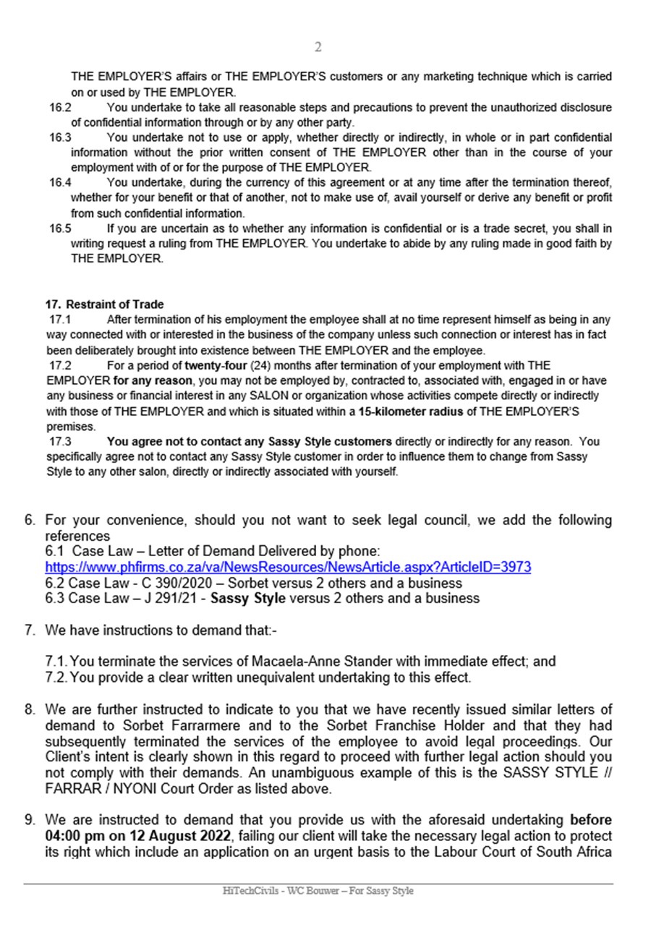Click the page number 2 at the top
click(x=318, y=48)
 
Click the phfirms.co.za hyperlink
click(x=288, y=568)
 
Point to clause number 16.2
click(x=60, y=108)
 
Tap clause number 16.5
click(x=60, y=228)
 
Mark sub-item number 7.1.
click(x=57, y=661)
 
